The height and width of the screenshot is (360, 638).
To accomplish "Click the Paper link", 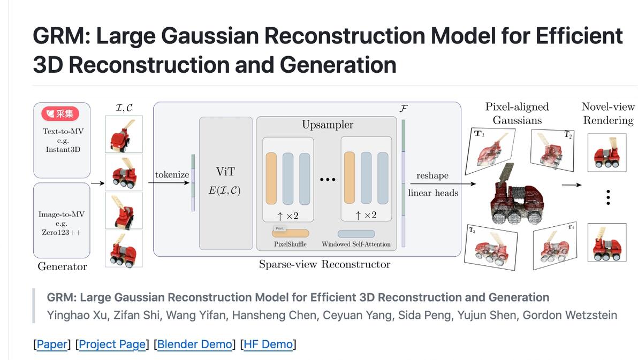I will pyautogui.click(x=52, y=344).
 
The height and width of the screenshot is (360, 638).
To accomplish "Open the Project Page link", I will pyautogui.click(x=112, y=344).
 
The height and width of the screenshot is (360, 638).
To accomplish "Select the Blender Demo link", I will pyautogui.click(x=195, y=344).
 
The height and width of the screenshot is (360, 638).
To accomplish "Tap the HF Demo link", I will pyautogui.click(x=268, y=344).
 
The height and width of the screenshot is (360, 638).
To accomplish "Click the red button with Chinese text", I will pyautogui.click(x=60, y=113).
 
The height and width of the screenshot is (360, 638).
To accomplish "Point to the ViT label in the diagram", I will pyautogui.click(x=225, y=172).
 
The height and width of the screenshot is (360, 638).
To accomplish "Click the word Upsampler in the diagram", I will pyautogui.click(x=328, y=125).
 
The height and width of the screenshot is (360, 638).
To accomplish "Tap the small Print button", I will pyautogui.click(x=279, y=228).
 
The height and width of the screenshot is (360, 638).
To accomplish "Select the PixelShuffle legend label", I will pyautogui.click(x=290, y=244).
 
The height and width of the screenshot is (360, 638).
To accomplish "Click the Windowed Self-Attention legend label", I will pyautogui.click(x=356, y=244).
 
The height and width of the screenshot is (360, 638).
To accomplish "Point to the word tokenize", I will pyautogui.click(x=172, y=175).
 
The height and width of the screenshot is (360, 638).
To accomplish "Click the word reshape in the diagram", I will pyautogui.click(x=432, y=175).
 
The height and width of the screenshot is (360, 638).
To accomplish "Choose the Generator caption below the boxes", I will pyautogui.click(x=62, y=266).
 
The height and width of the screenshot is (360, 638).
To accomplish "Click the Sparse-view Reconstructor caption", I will pyautogui.click(x=324, y=264).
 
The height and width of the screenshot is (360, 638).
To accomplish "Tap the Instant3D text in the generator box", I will pyautogui.click(x=63, y=149).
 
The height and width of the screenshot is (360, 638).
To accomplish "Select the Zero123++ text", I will pyautogui.click(x=61, y=232).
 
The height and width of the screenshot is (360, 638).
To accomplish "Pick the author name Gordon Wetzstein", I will pyautogui.click(x=569, y=315).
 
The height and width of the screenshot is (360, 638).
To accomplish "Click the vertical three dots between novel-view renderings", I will pyautogui.click(x=607, y=197).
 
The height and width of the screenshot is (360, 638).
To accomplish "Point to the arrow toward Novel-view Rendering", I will pyautogui.click(x=571, y=186).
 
